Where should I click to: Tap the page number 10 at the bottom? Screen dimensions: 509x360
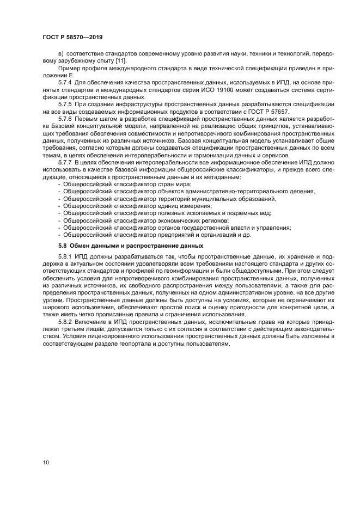pos(46,462)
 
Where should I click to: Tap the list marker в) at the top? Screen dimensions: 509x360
pos(61,53)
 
